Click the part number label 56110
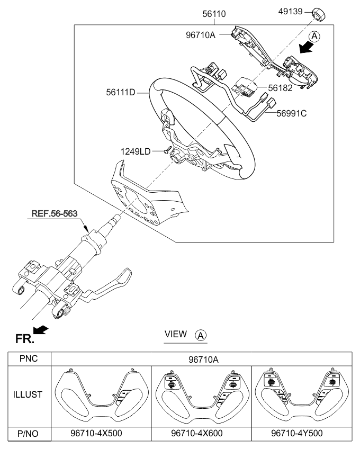point(213,16)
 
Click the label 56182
point(280,88)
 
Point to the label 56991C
point(292,112)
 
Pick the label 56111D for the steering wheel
point(121,93)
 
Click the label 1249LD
point(136,151)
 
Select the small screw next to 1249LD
point(166,151)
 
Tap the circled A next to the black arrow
point(314,37)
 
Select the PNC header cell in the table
point(27,359)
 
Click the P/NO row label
point(27,433)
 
